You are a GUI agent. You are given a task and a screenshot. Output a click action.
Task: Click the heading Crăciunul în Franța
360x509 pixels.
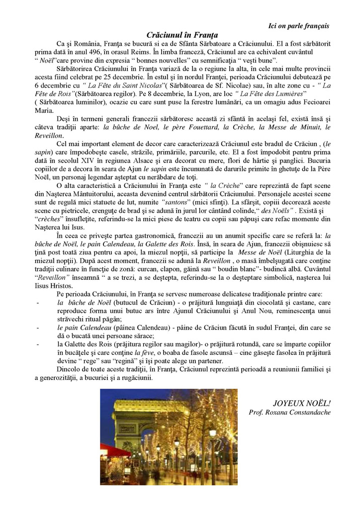(x=182, y=35)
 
